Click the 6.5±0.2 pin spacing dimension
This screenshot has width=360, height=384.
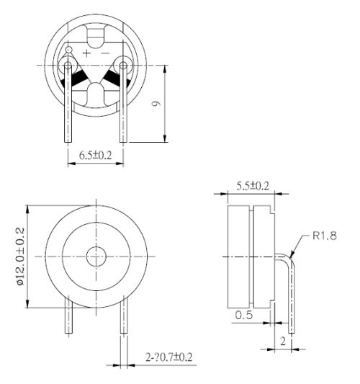95,154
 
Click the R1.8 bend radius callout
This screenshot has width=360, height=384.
325,235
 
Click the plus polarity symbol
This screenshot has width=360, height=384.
87,53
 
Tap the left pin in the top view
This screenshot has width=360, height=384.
69,108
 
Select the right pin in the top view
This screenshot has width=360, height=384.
122,108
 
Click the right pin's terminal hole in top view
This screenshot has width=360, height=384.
122,66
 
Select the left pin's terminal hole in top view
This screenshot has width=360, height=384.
69,66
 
